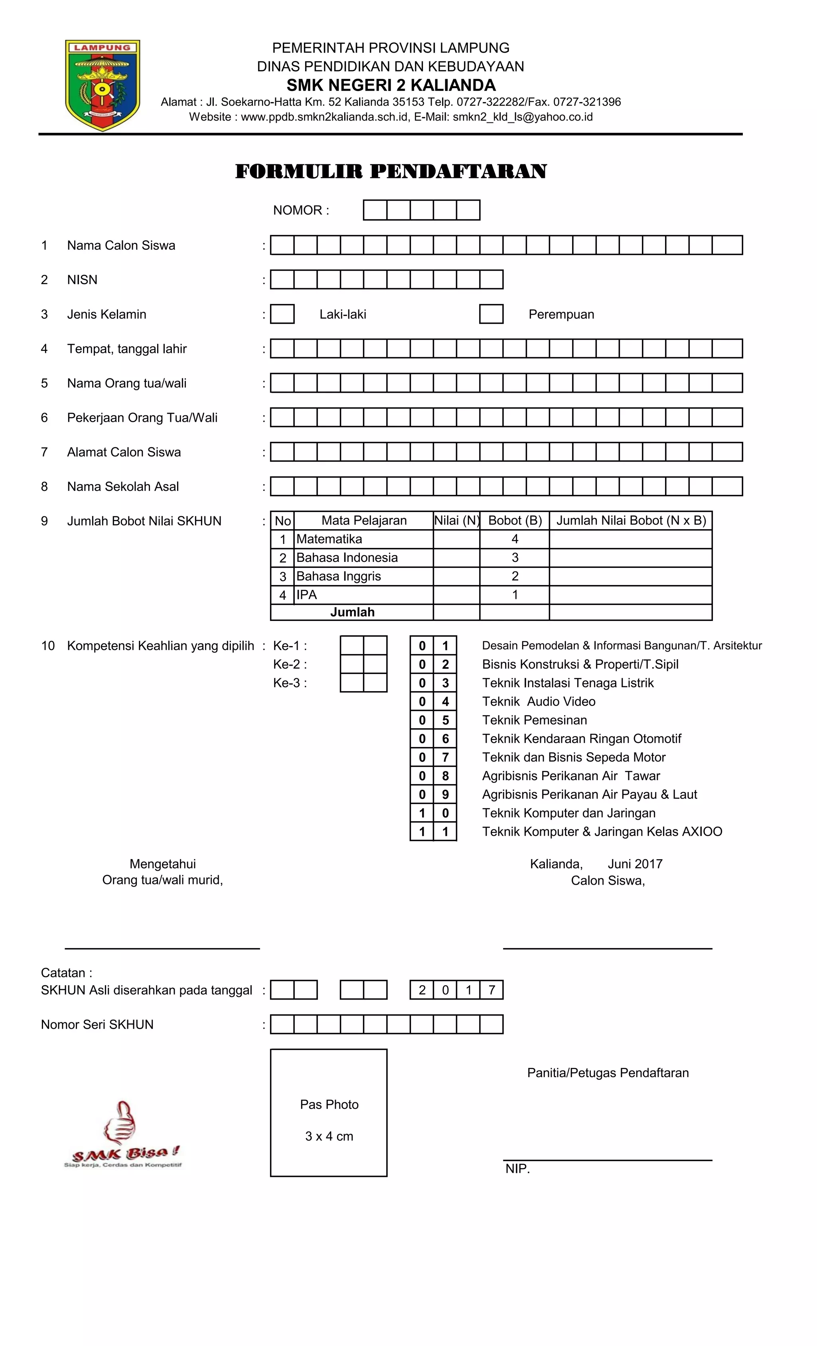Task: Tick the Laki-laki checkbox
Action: point(282,314)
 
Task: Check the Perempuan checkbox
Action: point(491,314)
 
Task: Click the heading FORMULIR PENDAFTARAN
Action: point(391,172)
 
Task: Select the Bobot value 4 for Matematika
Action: point(515,539)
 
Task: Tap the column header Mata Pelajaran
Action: point(364,521)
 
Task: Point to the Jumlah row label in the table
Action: point(352,613)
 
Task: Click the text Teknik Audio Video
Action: point(539,702)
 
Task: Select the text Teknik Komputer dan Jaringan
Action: point(568,813)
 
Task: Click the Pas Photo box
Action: point(329,1113)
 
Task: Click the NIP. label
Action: point(517,1169)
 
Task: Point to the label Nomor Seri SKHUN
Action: point(97,1025)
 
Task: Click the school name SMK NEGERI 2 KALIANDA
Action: point(391,85)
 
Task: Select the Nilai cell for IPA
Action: point(456,595)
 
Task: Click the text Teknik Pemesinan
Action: point(534,720)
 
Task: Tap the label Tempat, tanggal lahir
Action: point(127,349)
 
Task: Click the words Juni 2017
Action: point(635,864)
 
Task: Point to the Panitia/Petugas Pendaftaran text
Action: point(607,1073)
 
